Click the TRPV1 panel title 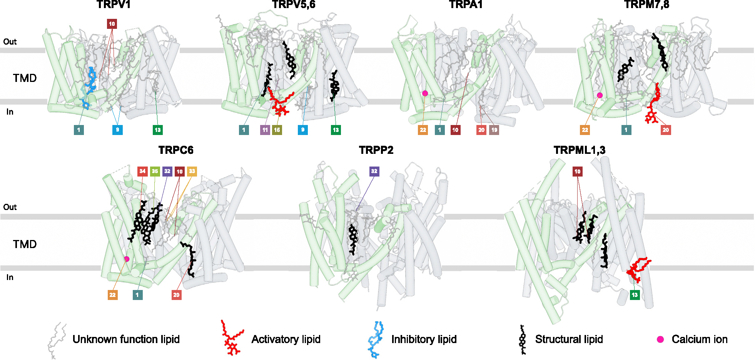click(x=114, y=5)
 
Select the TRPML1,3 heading click(x=580, y=150)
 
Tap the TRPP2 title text click(x=376, y=150)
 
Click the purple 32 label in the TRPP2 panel click(x=374, y=171)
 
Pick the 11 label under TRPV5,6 click(x=265, y=130)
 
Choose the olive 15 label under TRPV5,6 click(x=277, y=130)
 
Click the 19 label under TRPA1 click(x=494, y=130)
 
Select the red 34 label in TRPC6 click(x=142, y=171)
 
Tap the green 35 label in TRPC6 click(x=155, y=171)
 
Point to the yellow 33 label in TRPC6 click(x=192, y=171)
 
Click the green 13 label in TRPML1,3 click(x=635, y=295)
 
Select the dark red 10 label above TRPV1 click(x=112, y=24)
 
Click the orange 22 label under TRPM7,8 click(x=585, y=130)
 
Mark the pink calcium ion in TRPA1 click(x=425, y=93)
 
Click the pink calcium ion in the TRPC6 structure click(x=127, y=259)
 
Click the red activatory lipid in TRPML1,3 click(x=639, y=270)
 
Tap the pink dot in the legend click(x=660, y=339)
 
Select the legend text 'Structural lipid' click(x=569, y=339)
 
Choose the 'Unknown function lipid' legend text click(x=126, y=339)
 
